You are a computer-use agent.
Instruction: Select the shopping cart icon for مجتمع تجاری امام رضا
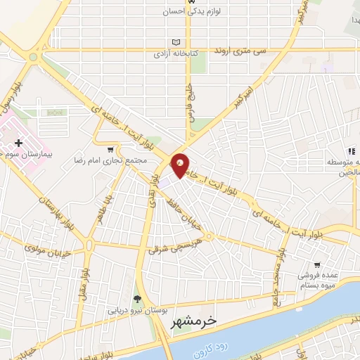point(110,149)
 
